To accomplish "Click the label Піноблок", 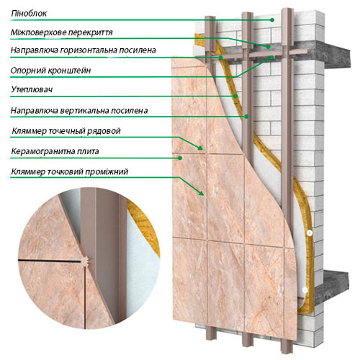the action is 29,14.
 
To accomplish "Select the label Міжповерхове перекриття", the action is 62,32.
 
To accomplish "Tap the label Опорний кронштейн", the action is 50,71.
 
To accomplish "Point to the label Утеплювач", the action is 32,90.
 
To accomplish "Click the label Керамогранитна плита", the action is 55,151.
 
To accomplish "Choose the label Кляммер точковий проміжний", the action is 70,172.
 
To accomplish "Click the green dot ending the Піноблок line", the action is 272,20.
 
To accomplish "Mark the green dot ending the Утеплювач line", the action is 235,96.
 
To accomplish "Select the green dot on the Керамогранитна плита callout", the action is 180,158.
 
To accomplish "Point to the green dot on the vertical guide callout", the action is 246,117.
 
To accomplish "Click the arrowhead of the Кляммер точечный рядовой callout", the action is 200,148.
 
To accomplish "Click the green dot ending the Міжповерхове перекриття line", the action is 268,47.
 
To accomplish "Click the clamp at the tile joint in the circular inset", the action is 85,261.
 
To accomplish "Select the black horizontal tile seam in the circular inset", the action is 50,261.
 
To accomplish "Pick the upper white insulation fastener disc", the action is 310,233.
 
